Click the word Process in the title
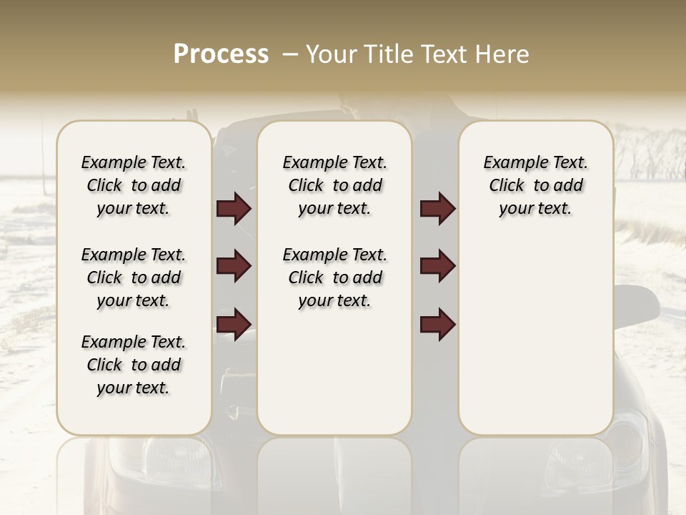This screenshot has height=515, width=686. tap(221, 54)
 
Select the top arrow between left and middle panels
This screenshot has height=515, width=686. tap(234, 209)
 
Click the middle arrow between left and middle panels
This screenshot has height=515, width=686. tap(234, 267)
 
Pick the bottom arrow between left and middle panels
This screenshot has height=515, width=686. tap(234, 325)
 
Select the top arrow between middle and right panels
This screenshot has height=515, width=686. tap(437, 209)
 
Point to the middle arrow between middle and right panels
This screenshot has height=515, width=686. tap(437, 267)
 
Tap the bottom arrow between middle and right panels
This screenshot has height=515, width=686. tap(437, 325)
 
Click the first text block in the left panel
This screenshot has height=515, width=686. tap(134, 185)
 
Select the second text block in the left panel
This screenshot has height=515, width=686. tap(134, 278)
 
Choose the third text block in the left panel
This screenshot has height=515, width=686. tap(134, 365)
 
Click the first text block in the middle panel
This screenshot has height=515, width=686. tap(335, 185)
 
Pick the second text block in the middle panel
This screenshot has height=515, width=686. tap(335, 278)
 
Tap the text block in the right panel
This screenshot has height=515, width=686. tap(536, 185)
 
